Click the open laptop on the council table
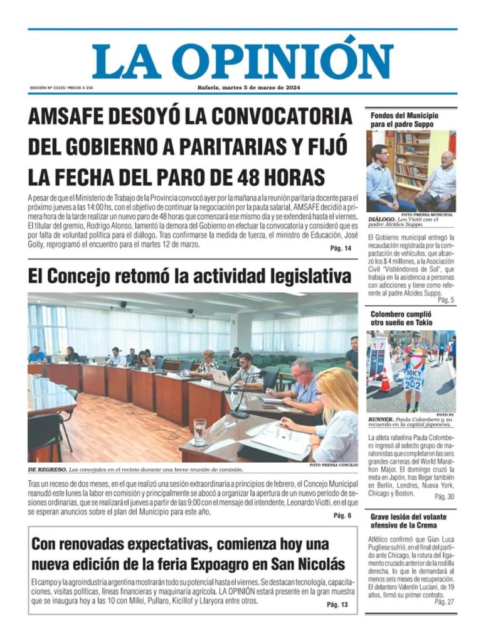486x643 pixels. tap(221, 377)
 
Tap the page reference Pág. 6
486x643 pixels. tap(342, 516)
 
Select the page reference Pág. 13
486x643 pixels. tap(337, 604)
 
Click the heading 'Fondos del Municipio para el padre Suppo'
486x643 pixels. tap(404, 120)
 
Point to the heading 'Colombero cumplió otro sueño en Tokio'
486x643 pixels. tap(401, 318)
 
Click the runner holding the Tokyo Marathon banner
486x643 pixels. tap(414, 367)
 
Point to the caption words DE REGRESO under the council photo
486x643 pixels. tap(46, 469)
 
